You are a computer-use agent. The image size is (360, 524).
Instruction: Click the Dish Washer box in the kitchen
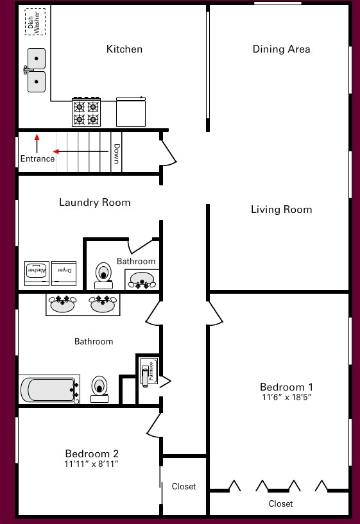35,21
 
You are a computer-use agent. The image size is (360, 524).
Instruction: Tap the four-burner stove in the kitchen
86,112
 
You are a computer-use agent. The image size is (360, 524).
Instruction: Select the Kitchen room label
124,49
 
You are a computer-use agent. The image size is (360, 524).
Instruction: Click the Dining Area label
281,49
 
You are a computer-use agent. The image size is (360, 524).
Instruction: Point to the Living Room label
281,210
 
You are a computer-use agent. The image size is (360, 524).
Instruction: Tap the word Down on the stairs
116,154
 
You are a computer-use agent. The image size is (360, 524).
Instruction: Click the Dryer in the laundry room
64,273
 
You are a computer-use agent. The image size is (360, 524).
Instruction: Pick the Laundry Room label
94,203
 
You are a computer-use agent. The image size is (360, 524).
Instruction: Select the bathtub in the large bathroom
49,389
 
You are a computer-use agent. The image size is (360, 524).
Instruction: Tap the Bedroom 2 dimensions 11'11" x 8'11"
92,464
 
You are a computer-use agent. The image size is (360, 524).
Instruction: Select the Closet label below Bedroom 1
280,504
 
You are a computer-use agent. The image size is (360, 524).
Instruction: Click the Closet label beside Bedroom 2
184,487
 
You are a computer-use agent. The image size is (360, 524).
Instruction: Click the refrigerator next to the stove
131,112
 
